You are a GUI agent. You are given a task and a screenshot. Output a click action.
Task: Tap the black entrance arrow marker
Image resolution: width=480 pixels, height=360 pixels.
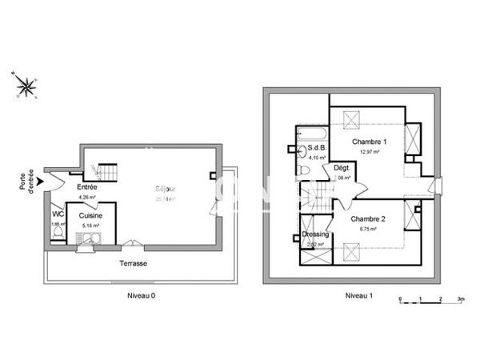[x=41, y=182]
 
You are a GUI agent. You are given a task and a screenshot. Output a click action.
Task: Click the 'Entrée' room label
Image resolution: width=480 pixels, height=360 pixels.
[x=86, y=187]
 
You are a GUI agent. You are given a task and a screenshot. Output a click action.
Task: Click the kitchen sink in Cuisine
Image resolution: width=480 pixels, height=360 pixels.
[x=95, y=238]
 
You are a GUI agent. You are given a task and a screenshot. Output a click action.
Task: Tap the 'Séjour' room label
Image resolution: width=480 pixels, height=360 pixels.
[x=166, y=190]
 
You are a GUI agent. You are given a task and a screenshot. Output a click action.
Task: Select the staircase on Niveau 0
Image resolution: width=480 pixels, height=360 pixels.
[x=106, y=171]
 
